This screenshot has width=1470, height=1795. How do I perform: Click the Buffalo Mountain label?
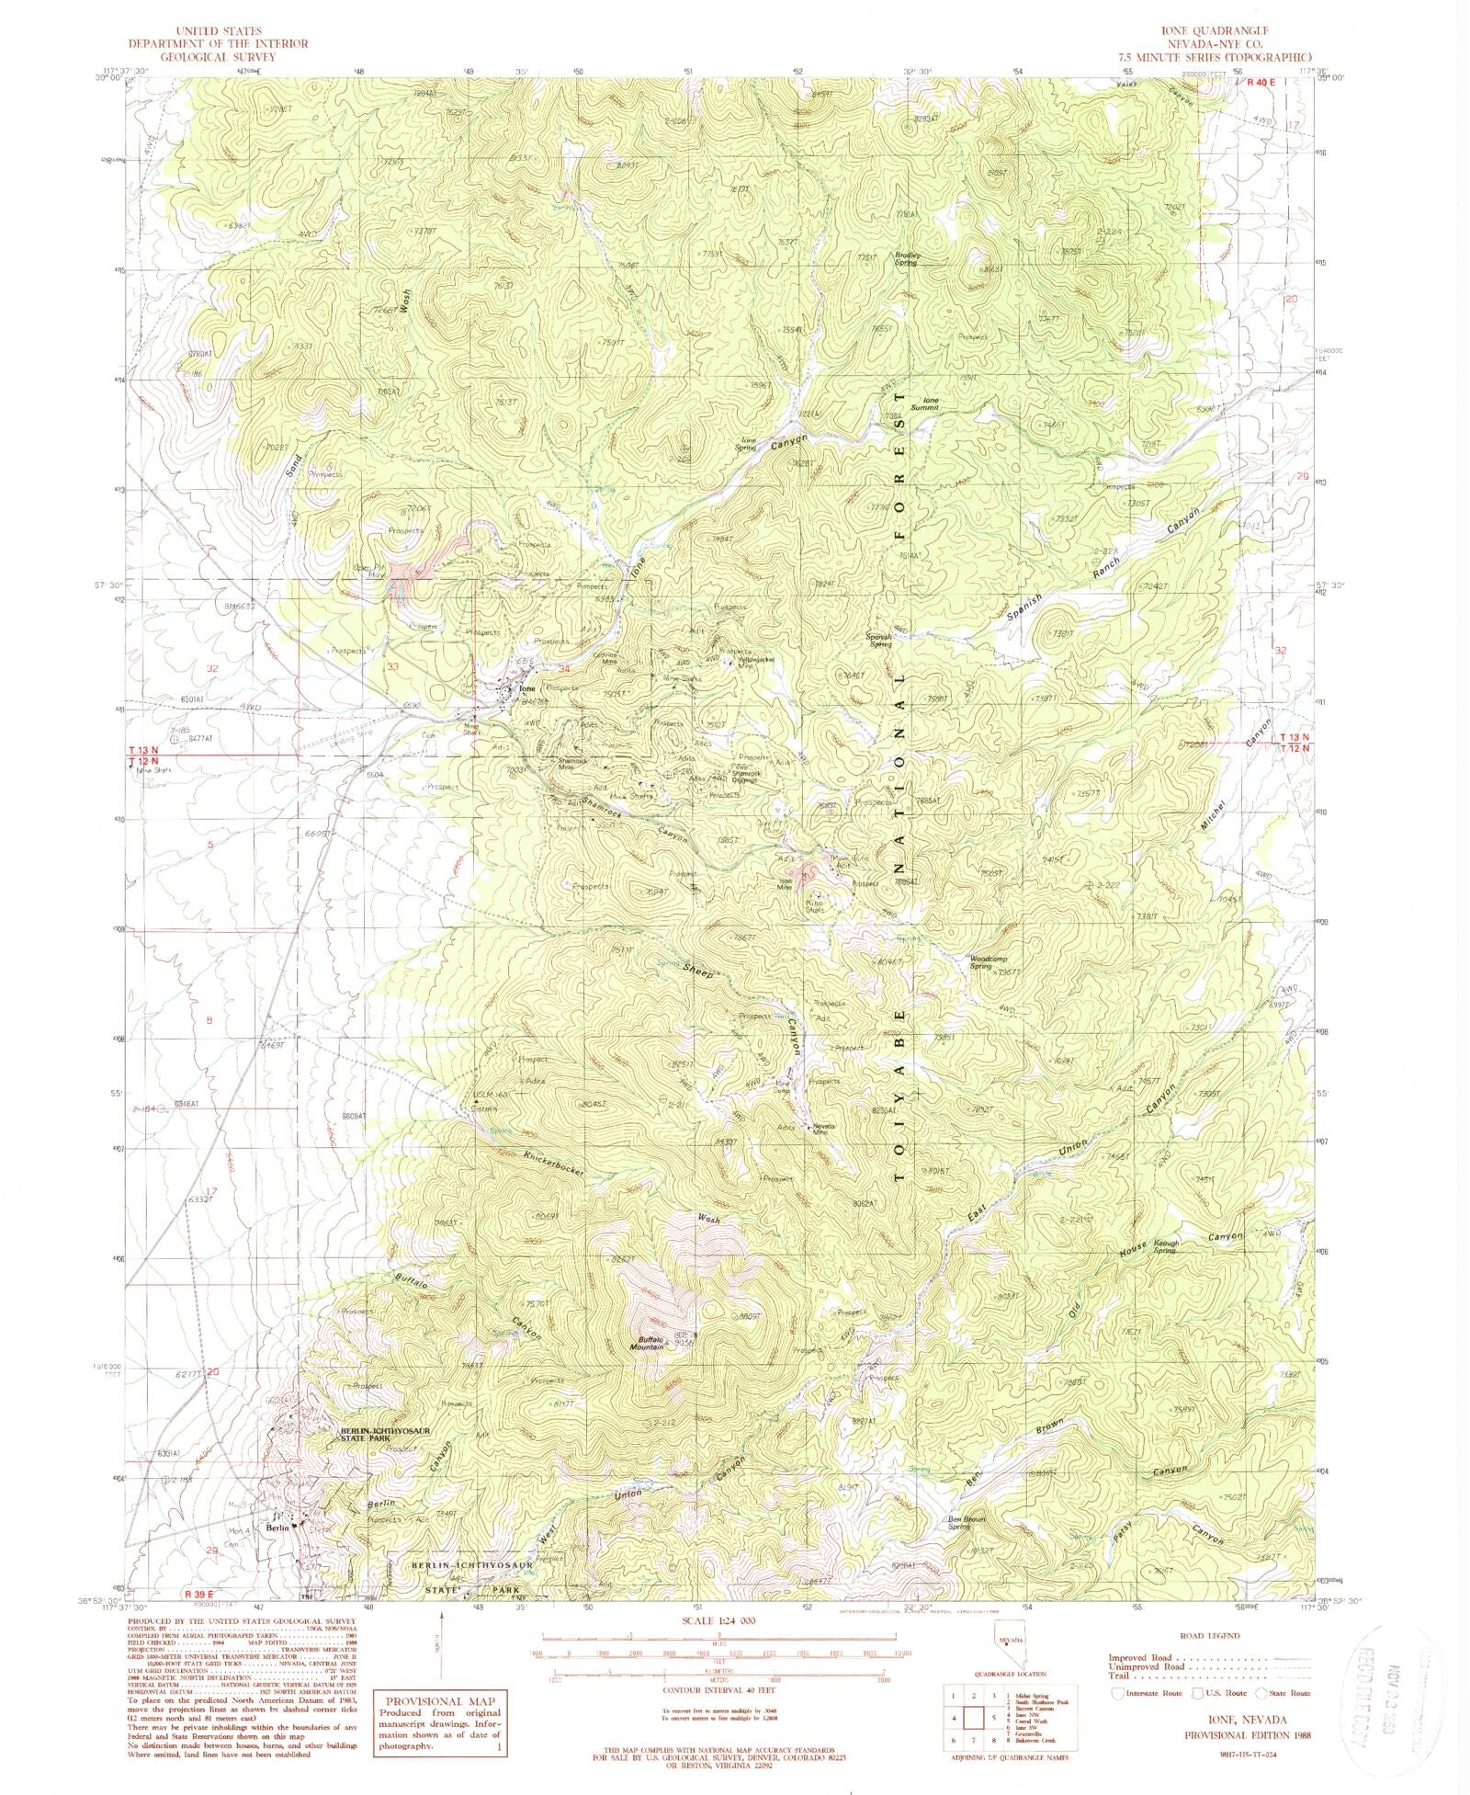pos(647,1343)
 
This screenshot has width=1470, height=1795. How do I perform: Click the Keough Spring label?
pos(1164,1246)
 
